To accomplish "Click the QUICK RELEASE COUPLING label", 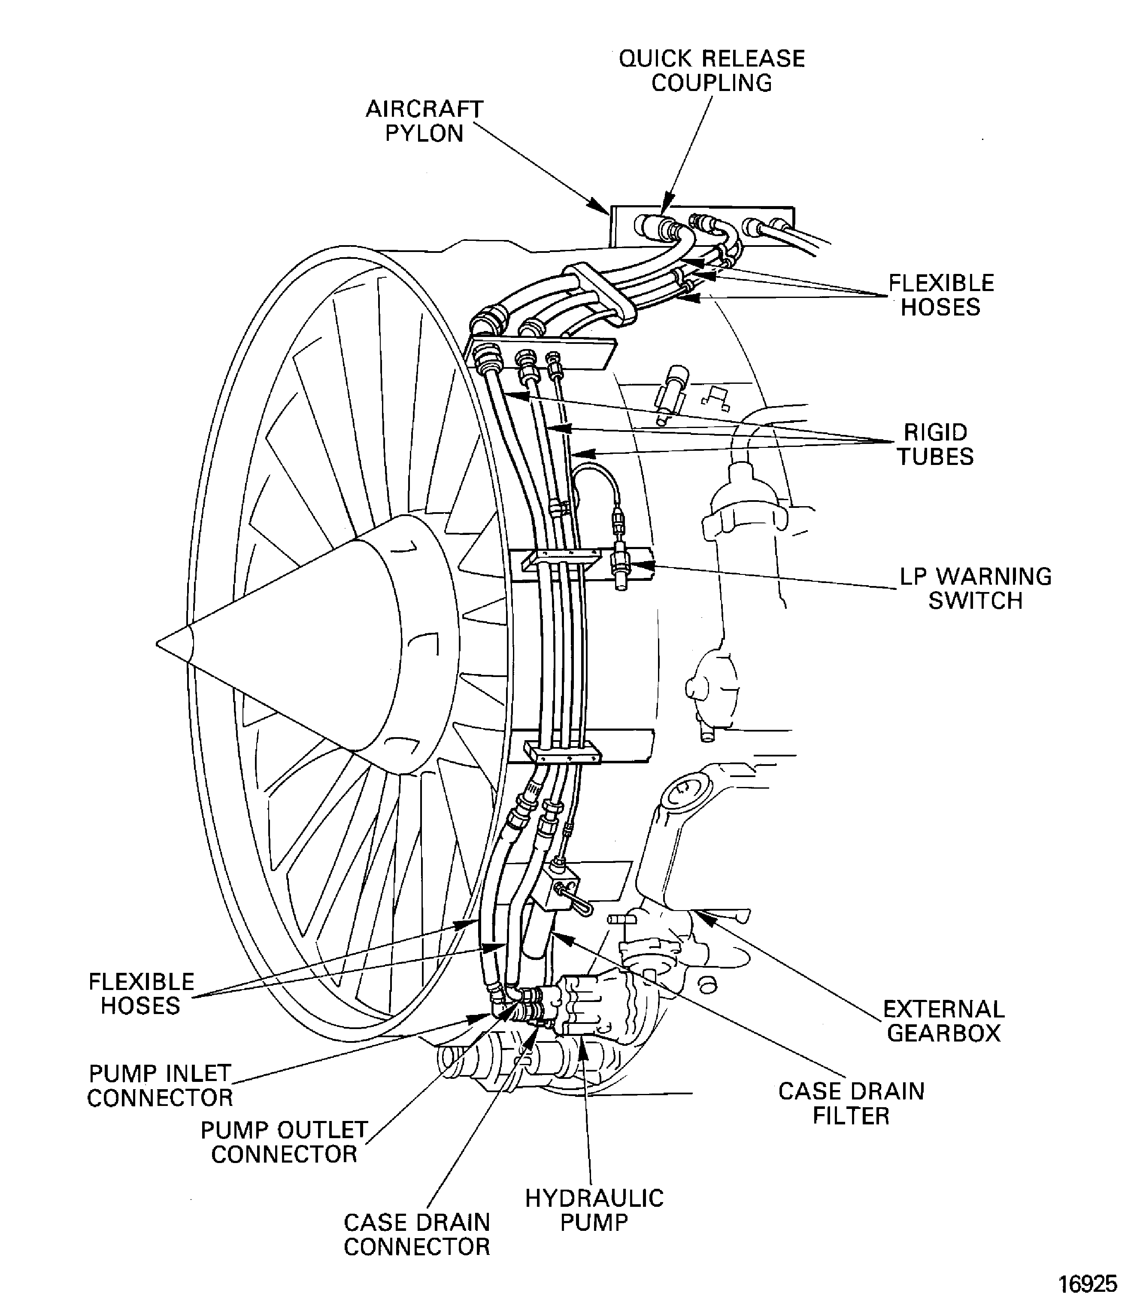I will click(x=711, y=71).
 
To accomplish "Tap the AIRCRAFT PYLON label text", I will click(x=424, y=121).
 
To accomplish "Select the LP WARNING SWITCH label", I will click(x=975, y=588).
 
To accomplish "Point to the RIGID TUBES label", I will click(x=935, y=445).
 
